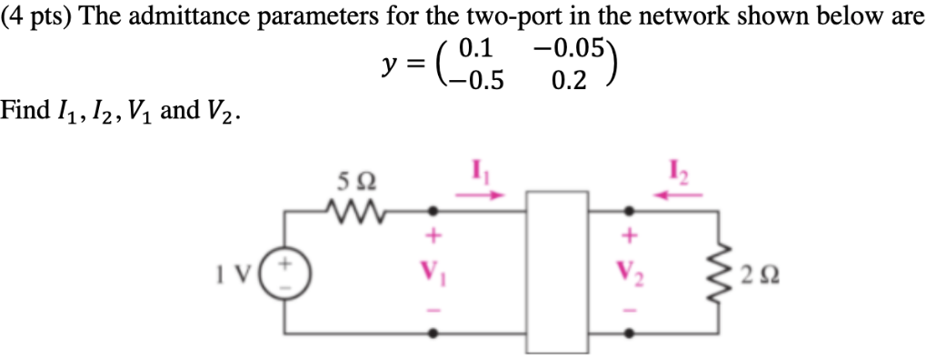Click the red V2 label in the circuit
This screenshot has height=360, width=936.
(x=628, y=271)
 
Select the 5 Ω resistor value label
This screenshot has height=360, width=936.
(x=350, y=181)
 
